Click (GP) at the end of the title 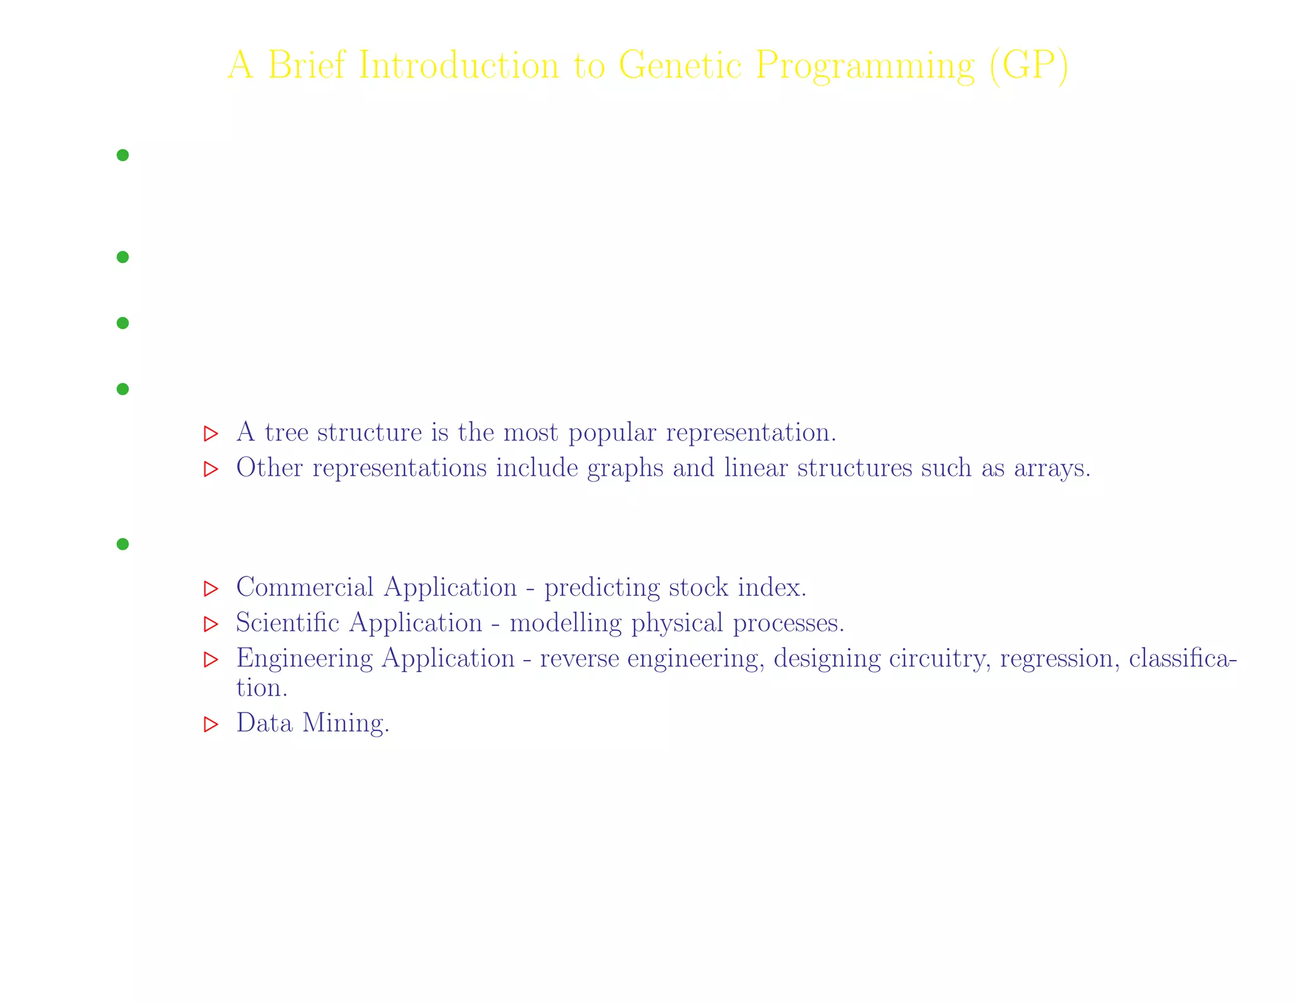click(1028, 65)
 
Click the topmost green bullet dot click(123, 155)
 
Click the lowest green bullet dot click(123, 544)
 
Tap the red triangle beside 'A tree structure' click(210, 434)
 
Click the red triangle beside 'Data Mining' click(210, 725)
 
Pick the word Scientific click(288, 623)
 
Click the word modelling click(566, 623)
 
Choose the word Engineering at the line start click(304, 659)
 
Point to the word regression click(1056, 659)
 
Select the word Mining click(345, 723)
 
